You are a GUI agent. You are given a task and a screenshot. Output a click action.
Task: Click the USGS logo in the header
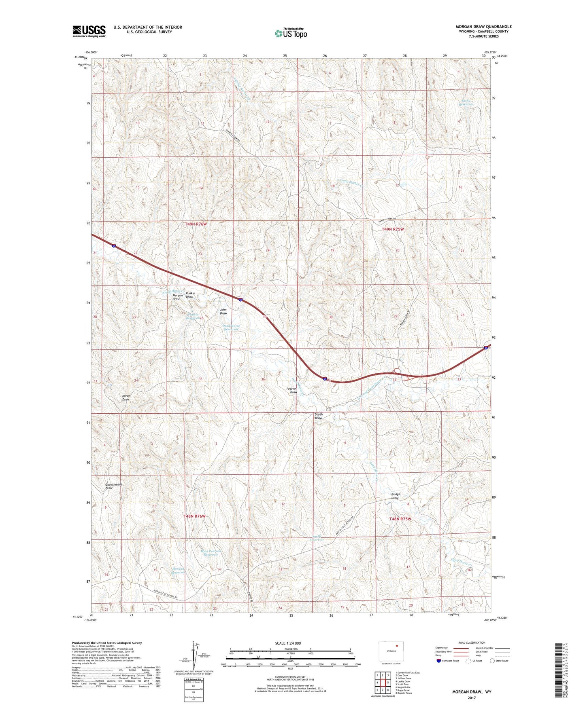point(89,31)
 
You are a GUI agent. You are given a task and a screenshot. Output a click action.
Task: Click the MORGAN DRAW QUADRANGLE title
point(483,27)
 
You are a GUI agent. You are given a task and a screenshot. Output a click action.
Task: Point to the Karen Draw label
point(126,397)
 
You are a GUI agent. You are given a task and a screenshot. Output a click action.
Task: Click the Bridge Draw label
point(395,496)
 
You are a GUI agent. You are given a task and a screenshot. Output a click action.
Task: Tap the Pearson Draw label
point(292,391)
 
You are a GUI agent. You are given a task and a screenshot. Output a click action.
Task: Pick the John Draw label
point(223,311)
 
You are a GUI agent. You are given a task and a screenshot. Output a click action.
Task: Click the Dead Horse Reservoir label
point(231,328)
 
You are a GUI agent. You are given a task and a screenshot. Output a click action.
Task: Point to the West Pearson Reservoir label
point(211,553)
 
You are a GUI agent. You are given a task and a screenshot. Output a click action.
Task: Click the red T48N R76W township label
point(195,516)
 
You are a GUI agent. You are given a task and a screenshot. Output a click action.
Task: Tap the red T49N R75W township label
point(393,229)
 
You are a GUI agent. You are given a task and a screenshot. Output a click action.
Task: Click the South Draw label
point(319,416)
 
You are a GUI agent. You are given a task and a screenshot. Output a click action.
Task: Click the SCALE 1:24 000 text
point(288,643)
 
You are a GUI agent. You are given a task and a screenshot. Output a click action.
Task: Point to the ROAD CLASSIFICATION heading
point(472,643)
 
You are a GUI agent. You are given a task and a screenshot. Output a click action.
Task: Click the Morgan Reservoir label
point(178,571)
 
